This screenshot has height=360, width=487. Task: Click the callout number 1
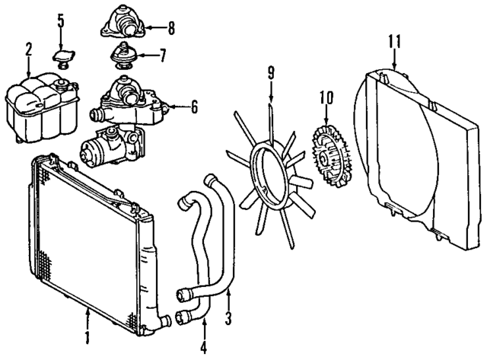[88, 336]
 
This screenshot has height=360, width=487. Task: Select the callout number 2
[28, 50]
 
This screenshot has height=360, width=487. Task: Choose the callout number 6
[193, 107]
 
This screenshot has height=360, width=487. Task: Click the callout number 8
[171, 30]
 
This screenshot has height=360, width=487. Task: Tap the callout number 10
[326, 97]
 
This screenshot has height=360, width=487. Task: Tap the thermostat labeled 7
[121, 56]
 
